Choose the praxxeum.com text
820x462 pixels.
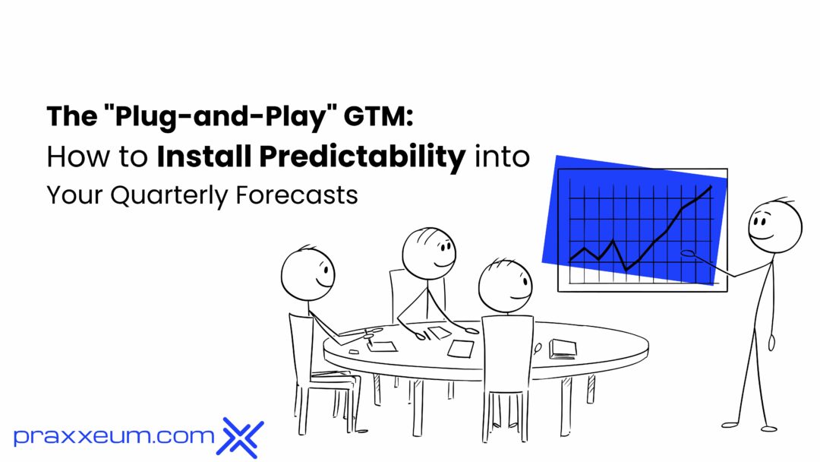click(x=114, y=436)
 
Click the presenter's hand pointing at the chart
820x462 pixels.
click(x=689, y=254)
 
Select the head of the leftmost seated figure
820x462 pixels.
click(x=307, y=271)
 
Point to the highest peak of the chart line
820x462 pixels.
click(x=711, y=187)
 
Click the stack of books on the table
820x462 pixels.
click(x=563, y=348)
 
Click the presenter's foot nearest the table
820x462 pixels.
click(x=727, y=426)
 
